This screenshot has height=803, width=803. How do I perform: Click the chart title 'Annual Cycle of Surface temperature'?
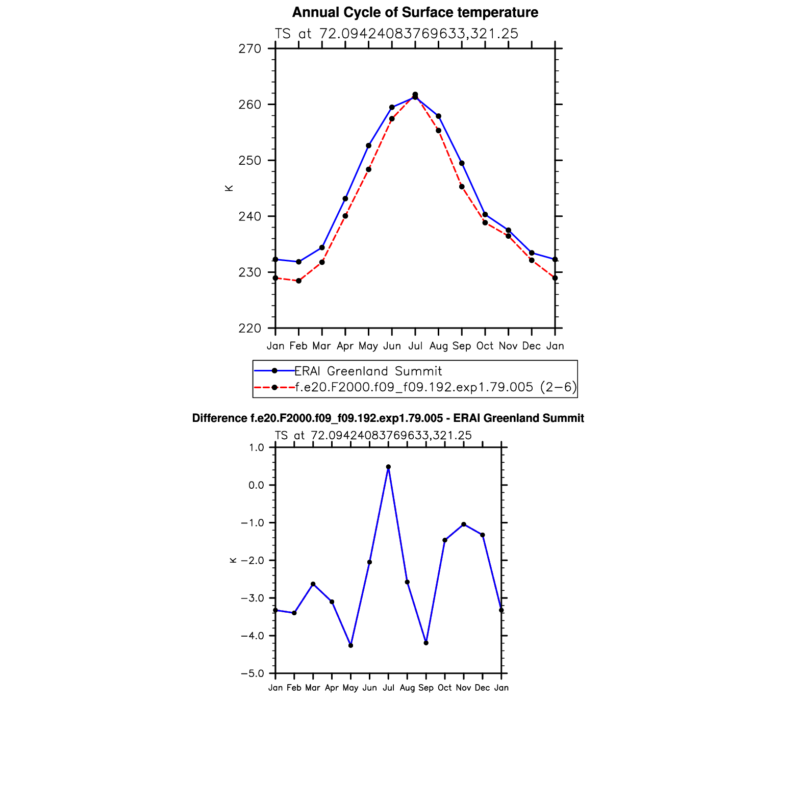(415, 12)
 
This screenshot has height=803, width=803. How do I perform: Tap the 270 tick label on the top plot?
(249, 49)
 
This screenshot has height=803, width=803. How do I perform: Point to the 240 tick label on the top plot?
(249, 216)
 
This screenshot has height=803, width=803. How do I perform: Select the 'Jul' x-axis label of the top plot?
(415, 346)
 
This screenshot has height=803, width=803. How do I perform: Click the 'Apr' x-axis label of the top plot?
(345, 346)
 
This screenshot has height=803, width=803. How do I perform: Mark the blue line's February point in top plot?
(299, 262)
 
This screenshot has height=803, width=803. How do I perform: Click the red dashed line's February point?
(299, 281)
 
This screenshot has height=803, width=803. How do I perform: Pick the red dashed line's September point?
(462, 187)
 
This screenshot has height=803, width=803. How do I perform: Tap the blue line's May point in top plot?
(369, 146)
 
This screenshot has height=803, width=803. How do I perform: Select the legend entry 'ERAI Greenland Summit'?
(368, 371)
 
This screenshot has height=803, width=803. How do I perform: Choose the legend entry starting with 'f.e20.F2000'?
(436, 387)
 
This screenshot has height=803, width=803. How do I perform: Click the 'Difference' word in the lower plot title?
(219, 418)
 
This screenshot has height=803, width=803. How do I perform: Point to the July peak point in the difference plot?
(388, 467)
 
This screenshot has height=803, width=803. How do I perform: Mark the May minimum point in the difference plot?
(350, 645)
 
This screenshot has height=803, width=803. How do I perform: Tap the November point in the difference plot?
(464, 524)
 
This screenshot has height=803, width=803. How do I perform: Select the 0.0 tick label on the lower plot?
(256, 485)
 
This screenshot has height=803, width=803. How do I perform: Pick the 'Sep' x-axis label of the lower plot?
(426, 688)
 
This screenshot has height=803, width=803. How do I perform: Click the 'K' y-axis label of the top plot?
(229, 188)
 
